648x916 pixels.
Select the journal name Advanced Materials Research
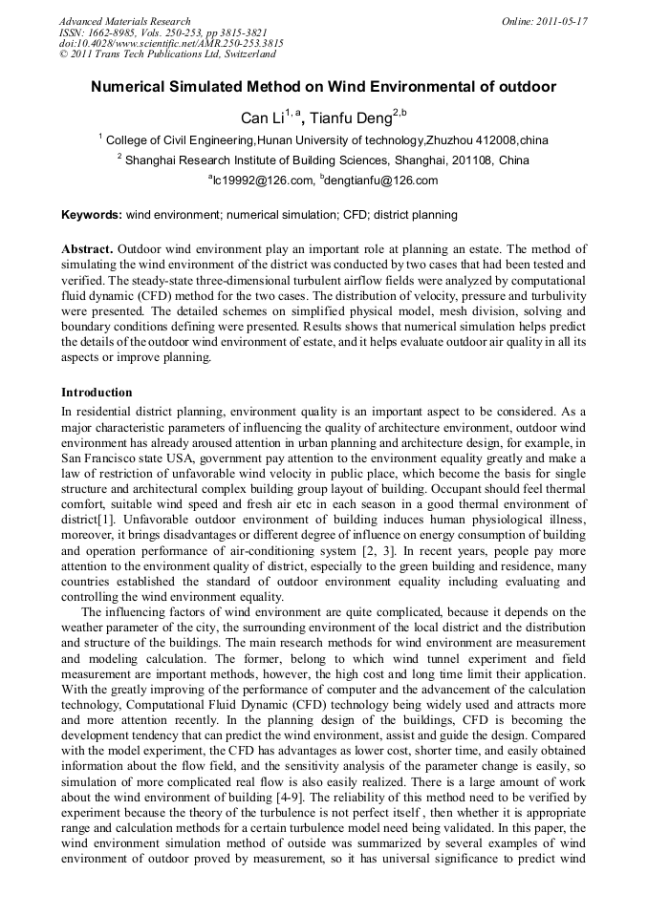(x=124, y=21)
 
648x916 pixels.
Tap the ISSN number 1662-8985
(x=118, y=32)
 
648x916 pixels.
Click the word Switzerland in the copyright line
(x=243, y=54)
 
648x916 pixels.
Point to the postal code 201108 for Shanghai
(x=473, y=160)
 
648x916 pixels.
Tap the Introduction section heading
(x=97, y=393)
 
